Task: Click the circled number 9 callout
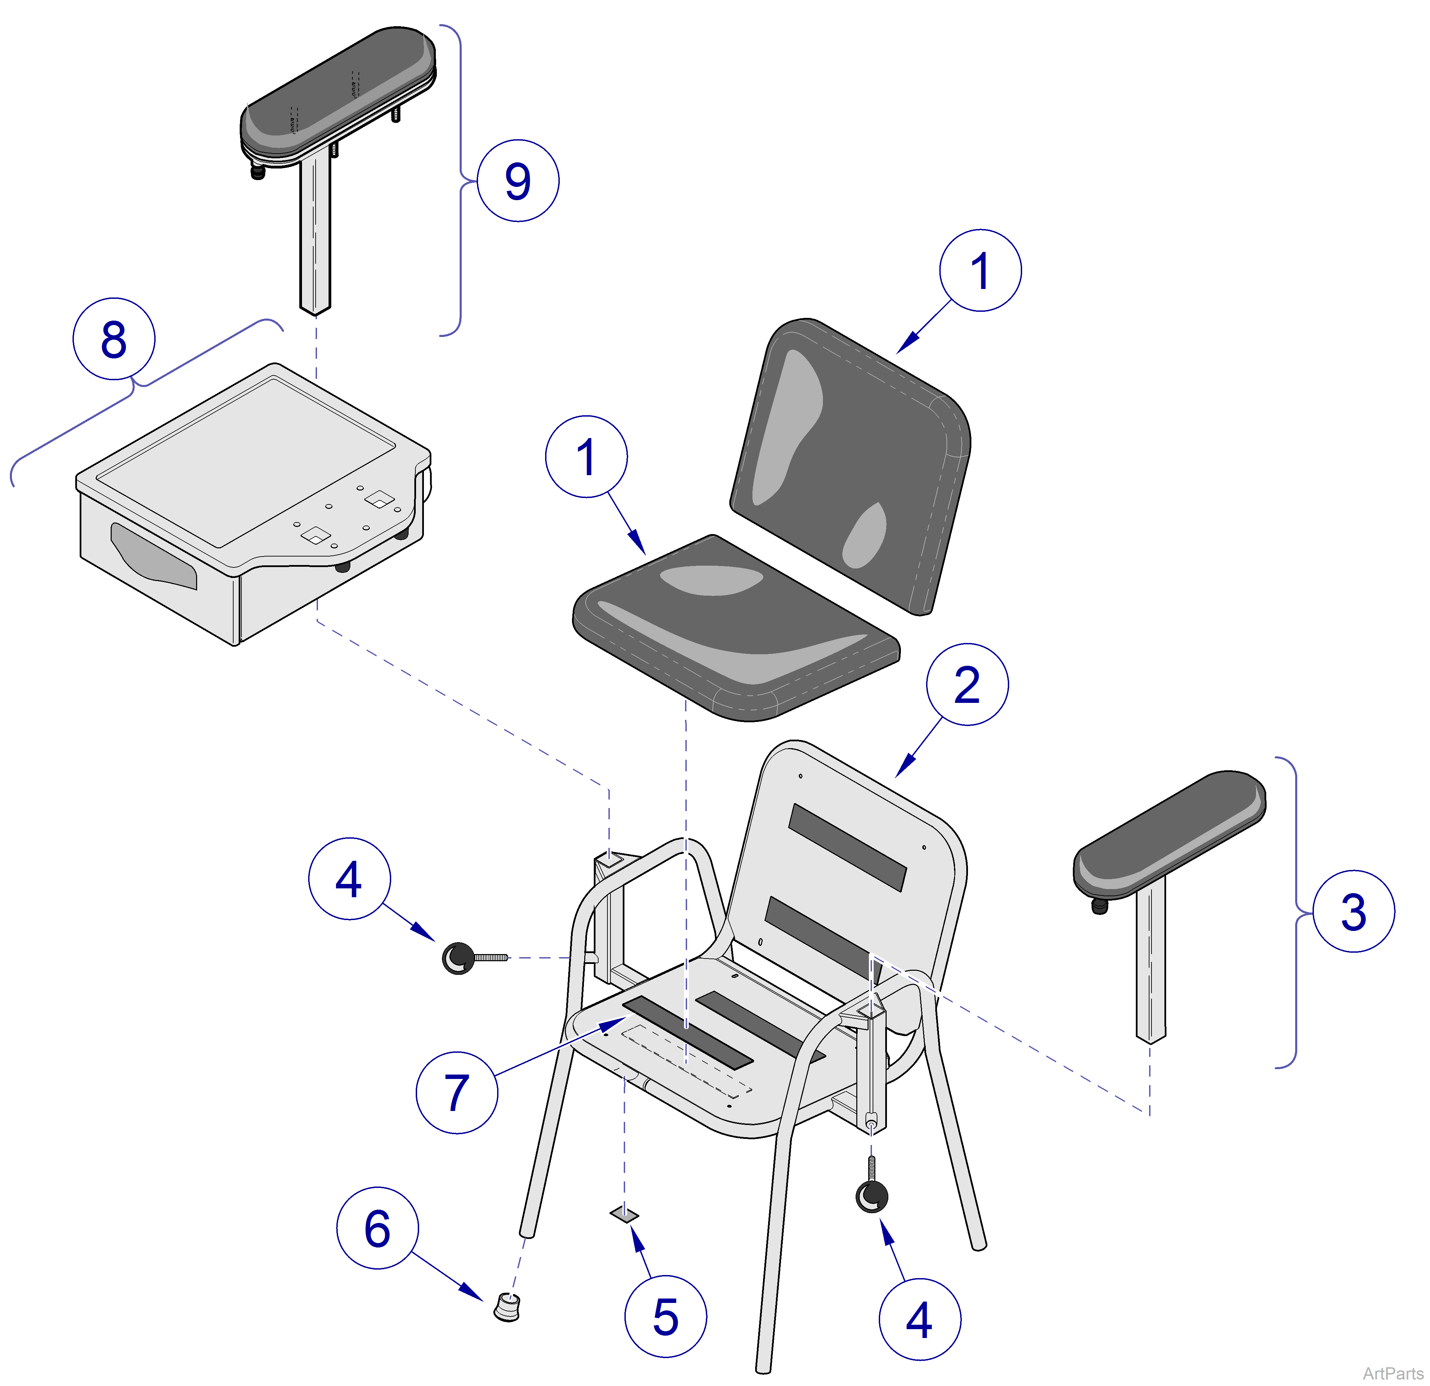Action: pos(518,181)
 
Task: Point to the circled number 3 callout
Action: pos(1353,911)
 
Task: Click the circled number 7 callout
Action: pos(457,1092)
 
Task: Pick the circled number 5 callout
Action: pos(665,1317)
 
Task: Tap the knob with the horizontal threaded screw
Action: pos(460,957)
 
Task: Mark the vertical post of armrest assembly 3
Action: pos(1150,963)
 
